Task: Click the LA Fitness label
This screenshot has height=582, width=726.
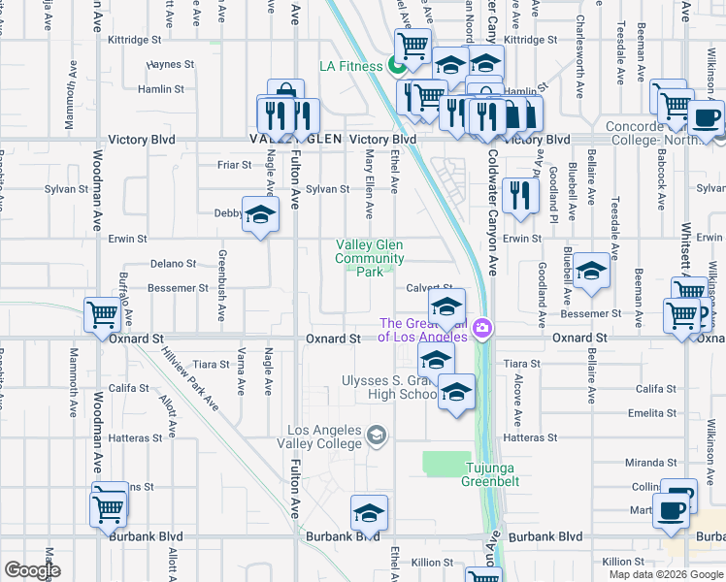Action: click(x=352, y=66)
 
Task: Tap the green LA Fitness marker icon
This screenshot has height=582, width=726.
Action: click(x=395, y=66)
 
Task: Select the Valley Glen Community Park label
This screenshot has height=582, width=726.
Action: click(x=369, y=259)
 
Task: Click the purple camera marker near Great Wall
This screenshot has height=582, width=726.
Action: click(x=482, y=330)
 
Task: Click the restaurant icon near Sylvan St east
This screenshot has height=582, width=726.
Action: click(x=521, y=195)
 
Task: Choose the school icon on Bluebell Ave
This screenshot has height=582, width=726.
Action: click(x=590, y=271)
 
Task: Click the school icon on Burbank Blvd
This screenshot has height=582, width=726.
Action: click(x=369, y=512)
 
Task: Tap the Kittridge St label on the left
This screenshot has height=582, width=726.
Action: click(x=135, y=40)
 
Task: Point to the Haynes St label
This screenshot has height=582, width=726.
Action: click(x=172, y=65)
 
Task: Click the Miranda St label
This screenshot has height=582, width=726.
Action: click(x=650, y=462)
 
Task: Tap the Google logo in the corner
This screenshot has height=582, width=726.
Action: click(x=32, y=570)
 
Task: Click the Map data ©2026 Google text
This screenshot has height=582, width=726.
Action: click(x=665, y=574)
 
